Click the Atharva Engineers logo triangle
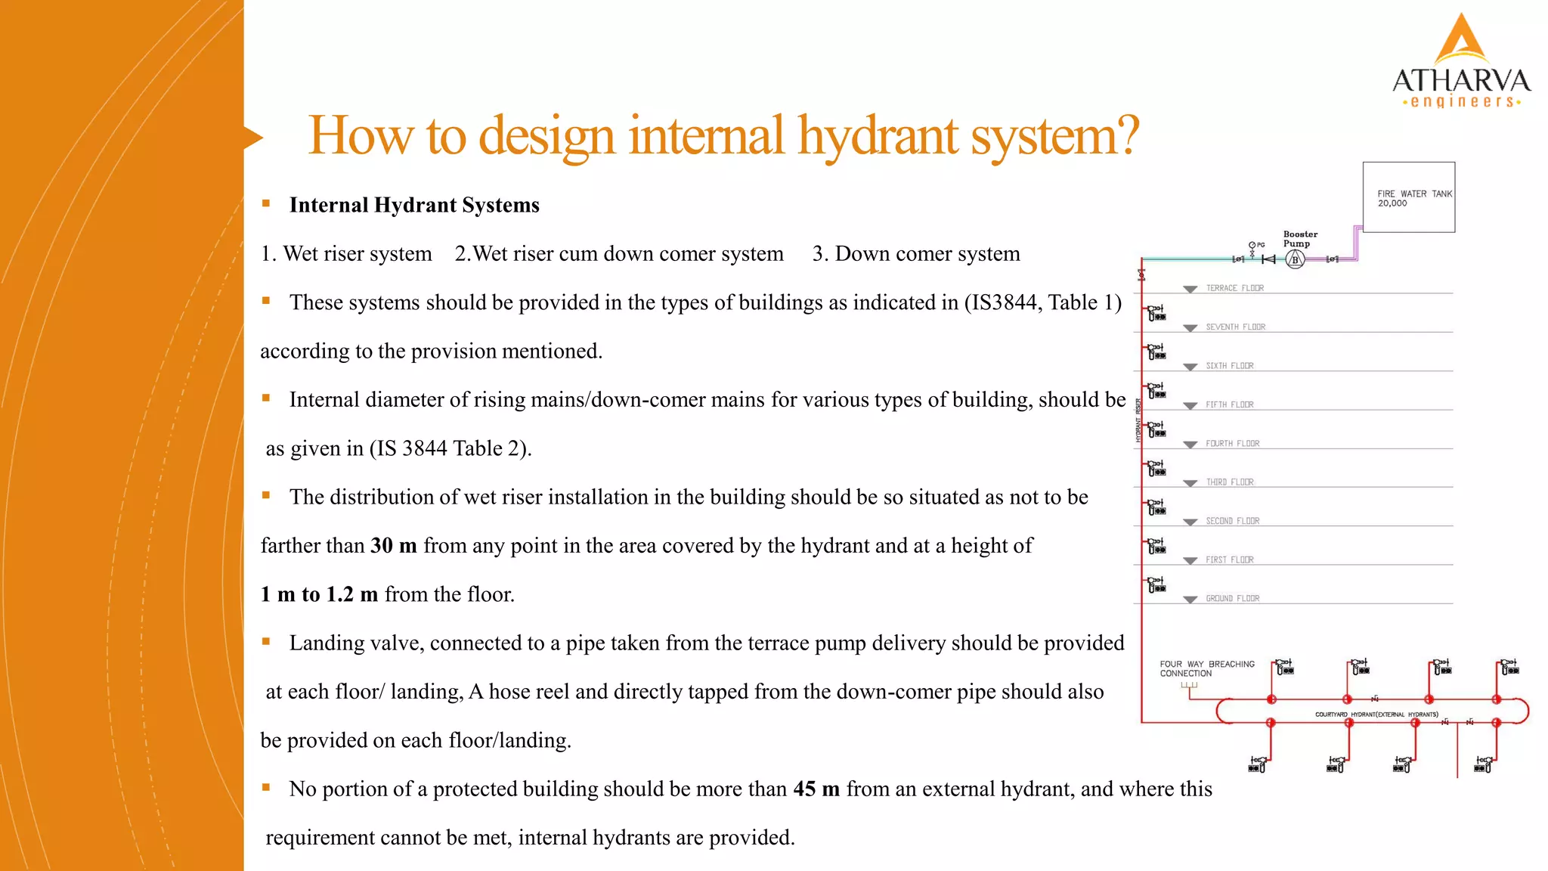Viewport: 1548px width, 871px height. [x=1462, y=42]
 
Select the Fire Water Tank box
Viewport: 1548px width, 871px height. [x=1408, y=197]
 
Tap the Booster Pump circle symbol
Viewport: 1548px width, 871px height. [x=1295, y=259]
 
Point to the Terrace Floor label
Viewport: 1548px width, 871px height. [x=1234, y=288]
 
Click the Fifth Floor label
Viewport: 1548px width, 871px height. [x=1229, y=405]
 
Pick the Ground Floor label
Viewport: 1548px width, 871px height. [x=1232, y=598]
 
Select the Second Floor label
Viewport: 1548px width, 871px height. [x=1232, y=521]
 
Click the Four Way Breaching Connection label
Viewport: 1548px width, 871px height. [x=1206, y=668]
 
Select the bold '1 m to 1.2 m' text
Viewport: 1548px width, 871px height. [x=319, y=594]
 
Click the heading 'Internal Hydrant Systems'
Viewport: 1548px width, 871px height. [x=414, y=206]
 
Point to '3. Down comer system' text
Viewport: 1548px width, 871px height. [x=916, y=254]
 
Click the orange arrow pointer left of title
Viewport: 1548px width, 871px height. [x=253, y=138]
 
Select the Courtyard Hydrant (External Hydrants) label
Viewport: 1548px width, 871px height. [x=1376, y=714]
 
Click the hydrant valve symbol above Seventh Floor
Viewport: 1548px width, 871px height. [x=1156, y=313]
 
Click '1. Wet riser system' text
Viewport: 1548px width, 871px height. [x=346, y=254]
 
